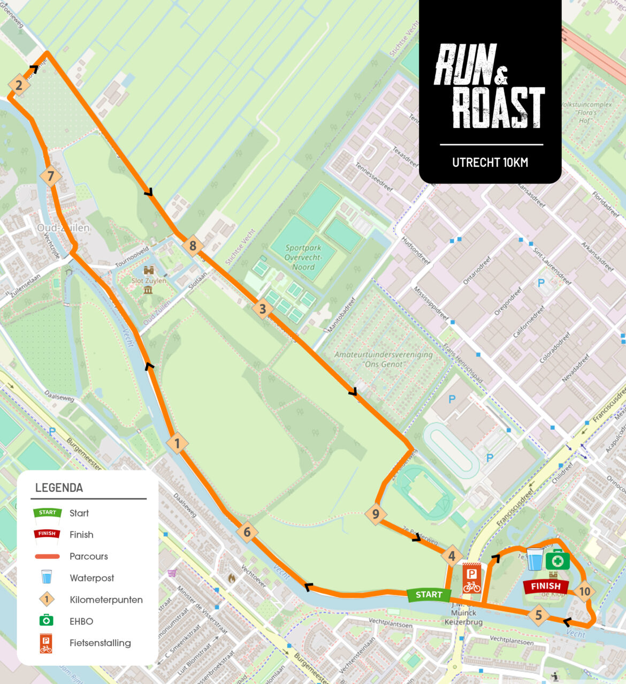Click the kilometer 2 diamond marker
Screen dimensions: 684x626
(19, 85)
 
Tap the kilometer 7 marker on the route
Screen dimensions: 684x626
(51, 176)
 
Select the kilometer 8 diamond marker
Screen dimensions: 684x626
(193, 246)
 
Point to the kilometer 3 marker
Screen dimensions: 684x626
(262, 309)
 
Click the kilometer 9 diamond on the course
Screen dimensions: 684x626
(376, 514)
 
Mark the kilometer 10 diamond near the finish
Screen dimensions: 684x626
(584, 591)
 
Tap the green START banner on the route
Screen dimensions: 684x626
(429, 595)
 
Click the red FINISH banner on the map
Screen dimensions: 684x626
(545, 587)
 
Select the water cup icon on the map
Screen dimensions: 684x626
(535, 559)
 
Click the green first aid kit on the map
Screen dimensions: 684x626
(558, 560)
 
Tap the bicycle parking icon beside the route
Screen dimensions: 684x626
(471, 578)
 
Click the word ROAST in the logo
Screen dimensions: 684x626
(498, 108)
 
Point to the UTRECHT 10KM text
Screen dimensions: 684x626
(490, 162)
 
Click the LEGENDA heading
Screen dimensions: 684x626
(59, 488)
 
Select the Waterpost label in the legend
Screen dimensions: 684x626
(91, 578)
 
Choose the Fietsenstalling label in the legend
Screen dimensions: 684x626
(100, 643)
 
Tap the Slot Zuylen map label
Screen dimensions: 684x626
(149, 280)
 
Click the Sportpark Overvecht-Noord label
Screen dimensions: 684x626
(303, 257)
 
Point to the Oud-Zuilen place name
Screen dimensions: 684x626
(63, 228)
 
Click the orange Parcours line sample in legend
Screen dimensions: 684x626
(47, 557)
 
